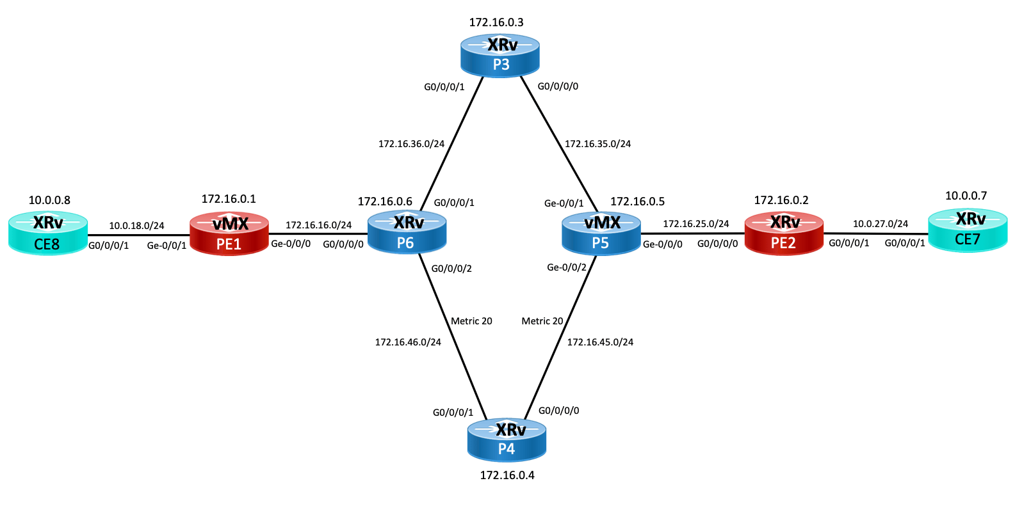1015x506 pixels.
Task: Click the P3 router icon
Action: click(x=499, y=55)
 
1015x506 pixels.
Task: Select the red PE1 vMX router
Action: click(x=229, y=233)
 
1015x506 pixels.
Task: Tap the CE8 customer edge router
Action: click(x=48, y=233)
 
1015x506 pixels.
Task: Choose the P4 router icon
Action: click(x=507, y=440)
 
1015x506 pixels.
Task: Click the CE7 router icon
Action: click(x=968, y=230)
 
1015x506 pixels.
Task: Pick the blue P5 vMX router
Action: click(x=601, y=233)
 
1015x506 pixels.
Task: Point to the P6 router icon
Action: click(x=407, y=233)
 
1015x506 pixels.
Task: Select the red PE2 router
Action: click(x=784, y=233)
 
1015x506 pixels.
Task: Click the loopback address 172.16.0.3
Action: click(x=496, y=22)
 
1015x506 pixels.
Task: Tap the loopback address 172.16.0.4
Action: click(x=507, y=475)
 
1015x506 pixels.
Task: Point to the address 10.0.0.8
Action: click(x=49, y=200)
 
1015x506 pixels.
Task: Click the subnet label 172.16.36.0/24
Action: click(x=411, y=144)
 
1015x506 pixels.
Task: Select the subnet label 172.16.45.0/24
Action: click(x=600, y=342)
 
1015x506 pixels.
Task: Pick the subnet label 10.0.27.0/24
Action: click(x=881, y=224)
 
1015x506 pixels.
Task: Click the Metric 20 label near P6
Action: click(x=471, y=321)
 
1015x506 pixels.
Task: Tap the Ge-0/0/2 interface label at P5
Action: click(x=566, y=267)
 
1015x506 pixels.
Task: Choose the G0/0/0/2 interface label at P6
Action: click(x=451, y=269)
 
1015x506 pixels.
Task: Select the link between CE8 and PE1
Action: click(x=139, y=235)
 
